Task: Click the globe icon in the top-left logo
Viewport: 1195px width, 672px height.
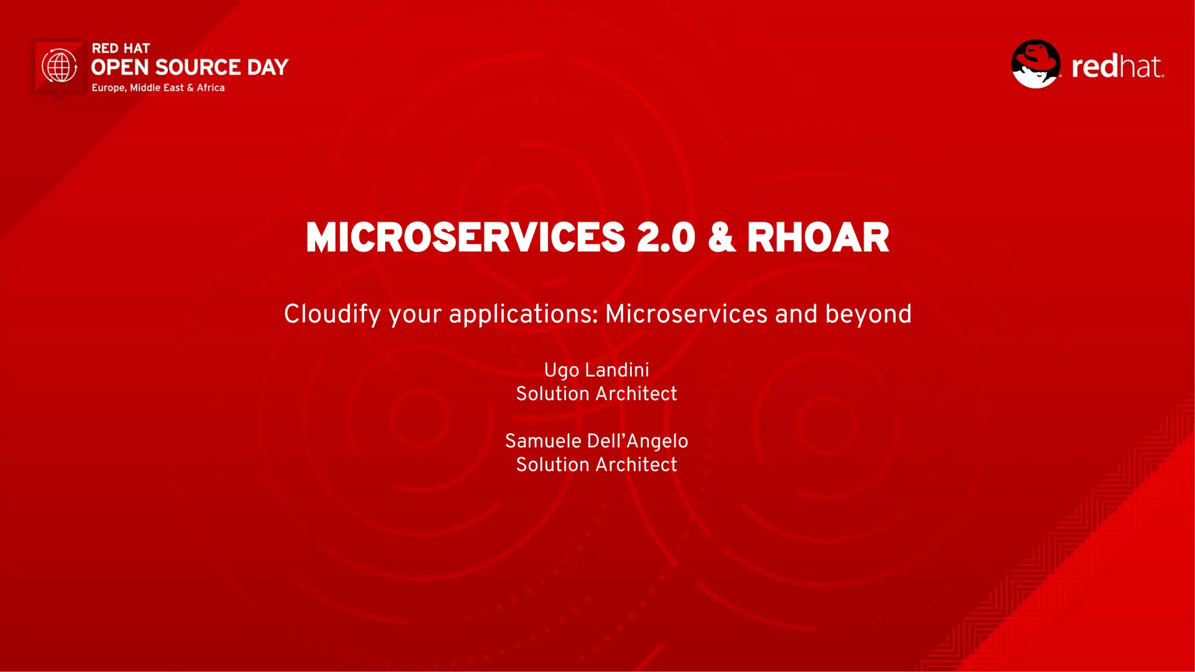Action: [60, 66]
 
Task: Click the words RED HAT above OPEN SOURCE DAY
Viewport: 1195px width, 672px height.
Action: [121, 48]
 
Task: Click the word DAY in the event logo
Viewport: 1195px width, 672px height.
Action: [267, 68]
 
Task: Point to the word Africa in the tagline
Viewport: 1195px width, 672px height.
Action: [211, 88]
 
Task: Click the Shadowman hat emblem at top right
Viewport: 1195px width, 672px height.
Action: [1036, 64]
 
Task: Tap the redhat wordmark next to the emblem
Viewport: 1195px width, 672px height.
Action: [1117, 66]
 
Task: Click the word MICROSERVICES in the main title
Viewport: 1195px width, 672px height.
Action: [465, 238]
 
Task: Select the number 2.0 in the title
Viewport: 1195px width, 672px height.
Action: [666, 238]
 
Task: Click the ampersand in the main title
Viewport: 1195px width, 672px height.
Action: [721, 238]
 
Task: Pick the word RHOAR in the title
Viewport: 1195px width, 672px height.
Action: [817, 238]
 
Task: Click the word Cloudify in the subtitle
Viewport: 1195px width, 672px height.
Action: [332, 314]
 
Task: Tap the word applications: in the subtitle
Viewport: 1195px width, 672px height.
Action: [523, 314]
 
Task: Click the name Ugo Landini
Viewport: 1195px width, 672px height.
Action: [596, 370]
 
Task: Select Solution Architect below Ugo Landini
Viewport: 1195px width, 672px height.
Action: [596, 394]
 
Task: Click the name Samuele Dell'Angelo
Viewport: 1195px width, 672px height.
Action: [596, 442]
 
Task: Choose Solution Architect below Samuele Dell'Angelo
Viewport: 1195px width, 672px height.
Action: [596, 465]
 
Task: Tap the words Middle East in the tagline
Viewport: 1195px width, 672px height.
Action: [156, 88]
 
